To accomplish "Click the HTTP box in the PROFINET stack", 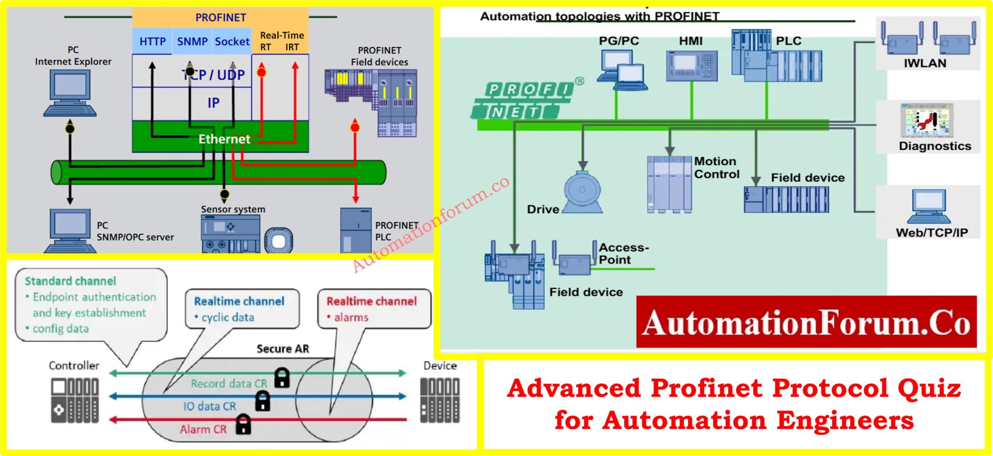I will (x=152, y=41).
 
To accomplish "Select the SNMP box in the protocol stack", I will (x=192, y=41).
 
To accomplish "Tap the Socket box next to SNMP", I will (x=232, y=41).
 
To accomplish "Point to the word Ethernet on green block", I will (x=224, y=139).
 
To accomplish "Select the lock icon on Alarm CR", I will (x=243, y=424).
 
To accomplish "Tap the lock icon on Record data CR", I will (x=281, y=377).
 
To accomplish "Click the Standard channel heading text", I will (x=70, y=281).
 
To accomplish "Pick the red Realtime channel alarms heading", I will (x=371, y=301).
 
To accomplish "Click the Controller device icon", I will (x=75, y=400).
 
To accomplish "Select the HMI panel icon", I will (x=691, y=66).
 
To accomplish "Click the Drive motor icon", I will (x=582, y=192).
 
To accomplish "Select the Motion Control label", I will (x=716, y=168).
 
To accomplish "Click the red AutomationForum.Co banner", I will (x=806, y=322).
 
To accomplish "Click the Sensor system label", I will (x=233, y=209).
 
